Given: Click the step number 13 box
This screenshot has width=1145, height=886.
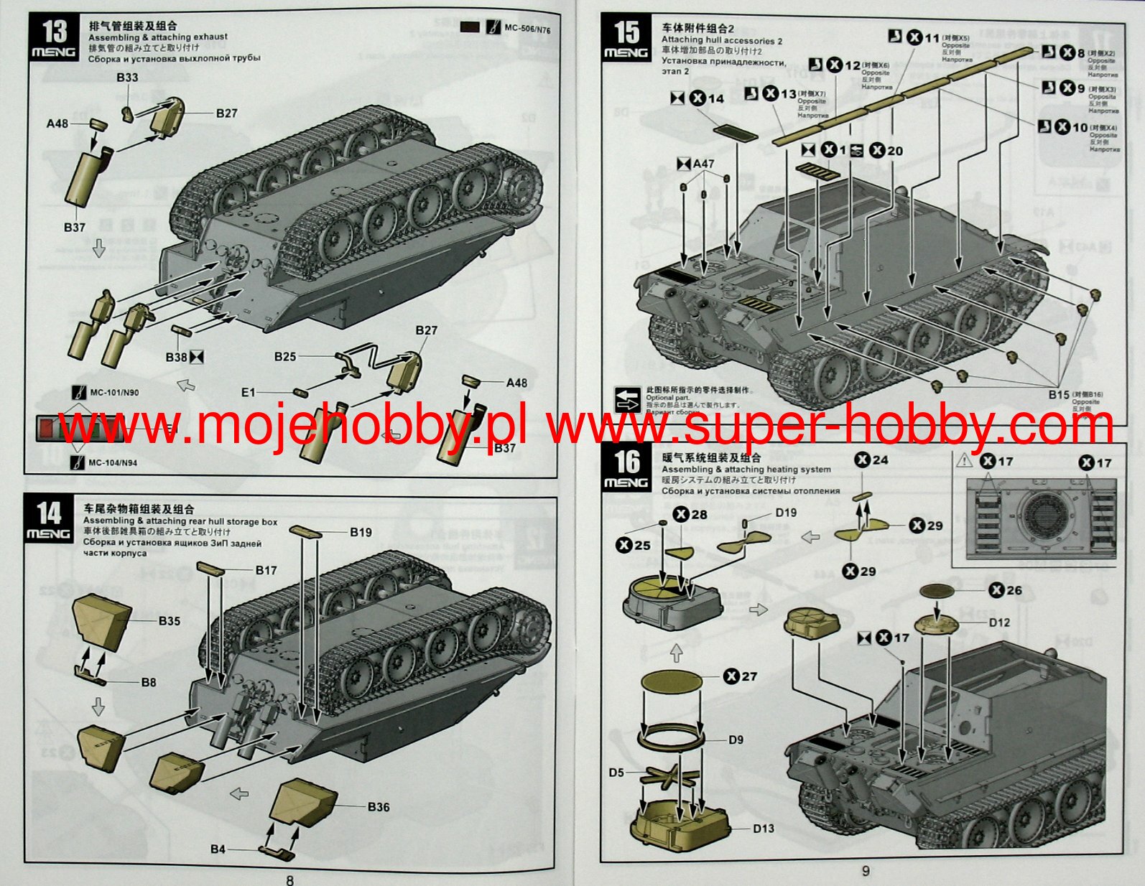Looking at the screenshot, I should (54, 38).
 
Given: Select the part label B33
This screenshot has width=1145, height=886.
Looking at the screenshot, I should (127, 77).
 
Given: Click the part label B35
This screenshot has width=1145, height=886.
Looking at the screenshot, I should (170, 620).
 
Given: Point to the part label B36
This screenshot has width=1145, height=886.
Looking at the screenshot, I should (378, 806).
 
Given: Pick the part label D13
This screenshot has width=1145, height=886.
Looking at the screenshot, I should (763, 828).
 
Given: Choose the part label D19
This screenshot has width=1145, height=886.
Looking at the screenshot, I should (786, 513).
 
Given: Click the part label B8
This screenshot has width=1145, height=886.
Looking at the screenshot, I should (148, 682).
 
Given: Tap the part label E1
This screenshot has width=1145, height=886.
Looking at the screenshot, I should (248, 392).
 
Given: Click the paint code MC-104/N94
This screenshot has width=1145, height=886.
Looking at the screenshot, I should (113, 462).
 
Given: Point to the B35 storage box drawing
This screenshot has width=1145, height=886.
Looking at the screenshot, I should (102, 620).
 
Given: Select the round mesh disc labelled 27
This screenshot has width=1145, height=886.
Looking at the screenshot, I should (671, 681).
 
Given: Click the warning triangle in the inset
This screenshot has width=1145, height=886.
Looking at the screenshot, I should (965, 460).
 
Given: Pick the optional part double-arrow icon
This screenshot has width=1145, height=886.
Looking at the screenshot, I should (627, 399).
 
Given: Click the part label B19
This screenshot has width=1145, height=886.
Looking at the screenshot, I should (361, 532).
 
